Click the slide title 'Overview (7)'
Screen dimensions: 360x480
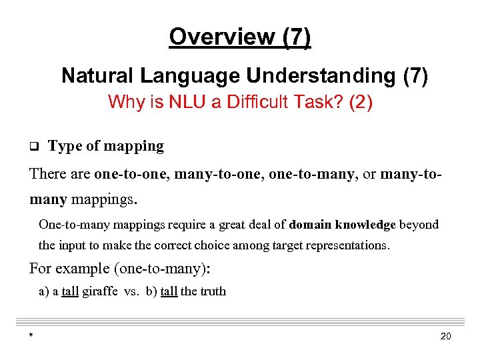[x=239, y=37]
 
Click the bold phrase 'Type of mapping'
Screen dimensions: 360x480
[x=106, y=146]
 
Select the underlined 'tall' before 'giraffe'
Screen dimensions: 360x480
[x=70, y=291]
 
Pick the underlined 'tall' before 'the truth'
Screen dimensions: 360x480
[x=169, y=291]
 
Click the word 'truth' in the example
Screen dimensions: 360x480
[x=213, y=291]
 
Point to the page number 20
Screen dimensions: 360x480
[x=446, y=336]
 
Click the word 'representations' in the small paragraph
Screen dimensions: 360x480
[x=347, y=245]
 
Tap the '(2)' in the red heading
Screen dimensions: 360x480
[x=361, y=102]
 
